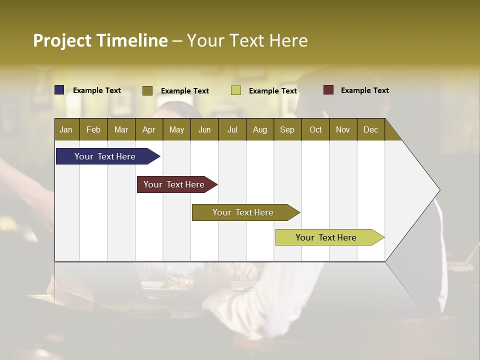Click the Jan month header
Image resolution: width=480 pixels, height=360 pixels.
66,129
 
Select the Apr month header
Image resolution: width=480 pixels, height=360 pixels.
148,129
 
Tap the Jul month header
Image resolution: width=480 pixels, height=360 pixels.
232,129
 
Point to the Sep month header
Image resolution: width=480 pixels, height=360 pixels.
287,129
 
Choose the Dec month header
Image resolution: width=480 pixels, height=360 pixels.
370,129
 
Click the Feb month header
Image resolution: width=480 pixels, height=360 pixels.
93,129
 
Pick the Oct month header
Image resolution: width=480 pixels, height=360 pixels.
315,129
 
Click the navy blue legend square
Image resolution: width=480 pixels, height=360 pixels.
59,90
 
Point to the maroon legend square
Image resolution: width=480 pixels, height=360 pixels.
328,90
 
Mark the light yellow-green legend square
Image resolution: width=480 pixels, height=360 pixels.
236,90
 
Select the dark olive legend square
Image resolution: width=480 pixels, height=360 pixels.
147,90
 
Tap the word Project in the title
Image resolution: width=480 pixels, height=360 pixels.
62,40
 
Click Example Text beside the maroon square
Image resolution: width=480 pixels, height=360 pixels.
364,90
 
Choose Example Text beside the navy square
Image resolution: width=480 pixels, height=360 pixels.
97,90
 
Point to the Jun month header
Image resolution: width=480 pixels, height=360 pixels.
204,129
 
